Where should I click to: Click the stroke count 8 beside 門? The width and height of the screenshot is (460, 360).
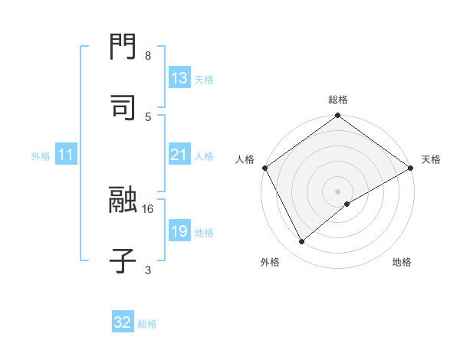pos(147,57)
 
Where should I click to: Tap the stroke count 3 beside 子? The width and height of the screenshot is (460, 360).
pos(147,270)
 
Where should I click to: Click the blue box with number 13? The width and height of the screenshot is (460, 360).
pos(179,78)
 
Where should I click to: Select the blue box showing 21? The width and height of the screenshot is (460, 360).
pos(179,155)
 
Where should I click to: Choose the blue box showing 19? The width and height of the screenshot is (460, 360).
pos(179,231)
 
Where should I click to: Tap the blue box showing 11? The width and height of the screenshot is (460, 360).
pos(66,155)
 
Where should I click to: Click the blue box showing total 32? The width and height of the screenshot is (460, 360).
pos(123,322)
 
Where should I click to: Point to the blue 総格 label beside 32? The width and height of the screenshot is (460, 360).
pos(147,324)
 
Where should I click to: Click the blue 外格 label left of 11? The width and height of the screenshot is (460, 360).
pos(41,156)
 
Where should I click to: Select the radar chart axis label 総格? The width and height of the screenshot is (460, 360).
pos(338,100)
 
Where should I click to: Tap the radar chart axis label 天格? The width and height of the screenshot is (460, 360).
pos(431,159)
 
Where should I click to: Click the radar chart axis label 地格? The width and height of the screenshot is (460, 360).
pos(402,262)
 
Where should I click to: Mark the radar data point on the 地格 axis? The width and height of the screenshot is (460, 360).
pos(347,204)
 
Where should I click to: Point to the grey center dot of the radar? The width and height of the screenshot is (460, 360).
pos(338,191)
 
